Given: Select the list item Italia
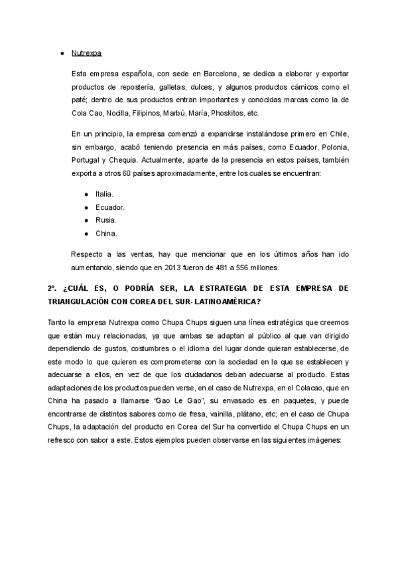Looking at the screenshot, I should tap(104, 194).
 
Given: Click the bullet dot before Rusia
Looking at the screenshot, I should tap(86, 220).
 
